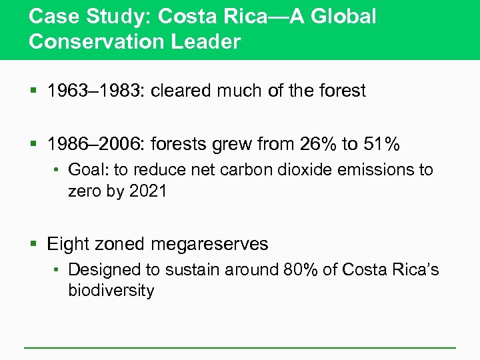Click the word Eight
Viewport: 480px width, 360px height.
(x=68, y=244)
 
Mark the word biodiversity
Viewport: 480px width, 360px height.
(x=111, y=290)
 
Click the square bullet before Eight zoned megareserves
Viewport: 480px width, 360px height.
(x=33, y=245)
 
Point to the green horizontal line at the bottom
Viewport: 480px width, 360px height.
(x=240, y=347)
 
